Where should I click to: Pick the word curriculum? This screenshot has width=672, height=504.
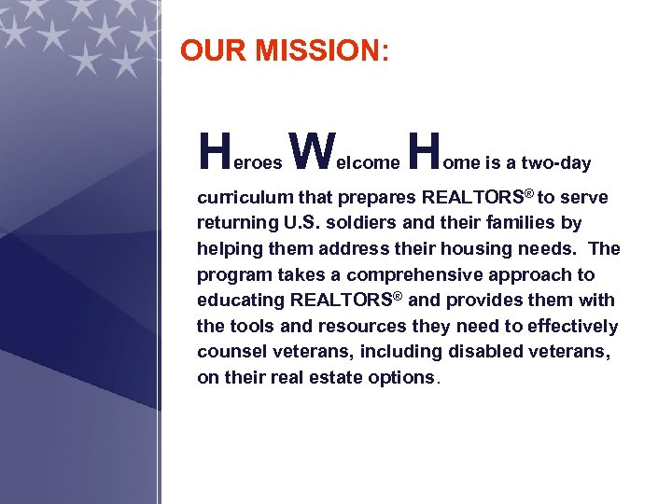pos(245,198)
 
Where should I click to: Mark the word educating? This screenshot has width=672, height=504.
pos(241,301)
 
